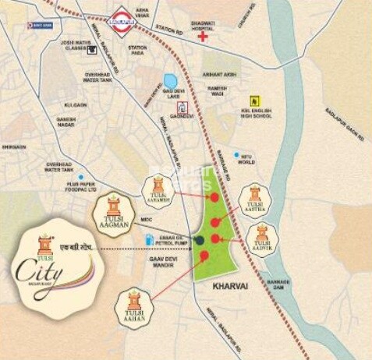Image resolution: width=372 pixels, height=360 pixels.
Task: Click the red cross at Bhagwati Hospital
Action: pyautogui.click(x=203, y=36)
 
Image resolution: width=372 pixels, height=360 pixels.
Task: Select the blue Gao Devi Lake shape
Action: pyautogui.click(x=171, y=81)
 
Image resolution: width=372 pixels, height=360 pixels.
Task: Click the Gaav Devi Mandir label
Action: pyautogui.click(x=161, y=261)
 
